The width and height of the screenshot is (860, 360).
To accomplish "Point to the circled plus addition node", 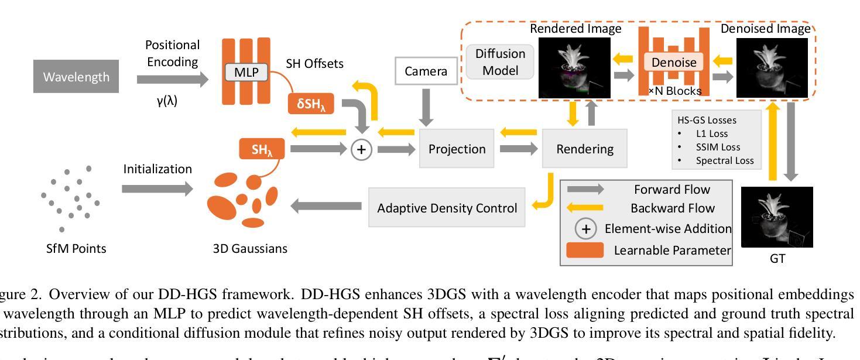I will (361, 149).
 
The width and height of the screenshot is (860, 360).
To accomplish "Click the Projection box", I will (457, 149).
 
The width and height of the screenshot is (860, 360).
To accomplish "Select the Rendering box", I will (578, 149).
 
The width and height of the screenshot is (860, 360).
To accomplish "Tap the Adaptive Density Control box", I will (447, 208).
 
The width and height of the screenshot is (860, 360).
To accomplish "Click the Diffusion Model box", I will (500, 61).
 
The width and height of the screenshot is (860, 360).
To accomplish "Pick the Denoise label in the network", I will (674, 61).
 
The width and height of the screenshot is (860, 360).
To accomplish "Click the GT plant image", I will (777, 217).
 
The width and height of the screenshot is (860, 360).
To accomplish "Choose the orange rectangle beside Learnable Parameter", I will (586, 250).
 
